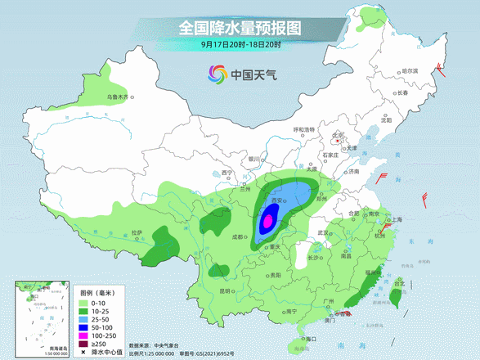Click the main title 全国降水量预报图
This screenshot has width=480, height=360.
point(240,27)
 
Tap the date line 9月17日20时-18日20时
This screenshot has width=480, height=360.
point(240,44)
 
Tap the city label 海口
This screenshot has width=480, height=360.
point(309,338)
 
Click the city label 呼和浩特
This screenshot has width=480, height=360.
point(304,130)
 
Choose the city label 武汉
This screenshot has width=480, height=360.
point(324,233)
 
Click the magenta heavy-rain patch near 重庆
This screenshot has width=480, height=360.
point(267,222)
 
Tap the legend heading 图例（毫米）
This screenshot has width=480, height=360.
point(96,292)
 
